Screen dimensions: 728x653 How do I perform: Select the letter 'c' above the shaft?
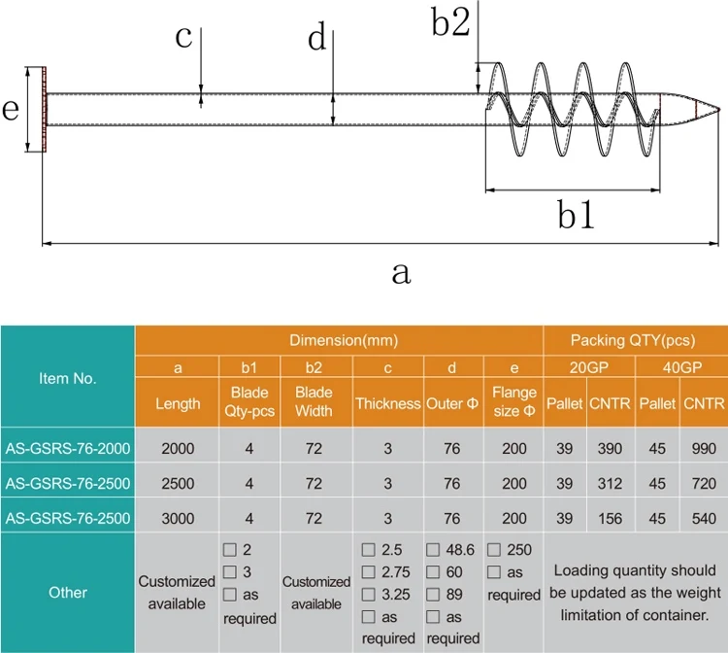point(184,38)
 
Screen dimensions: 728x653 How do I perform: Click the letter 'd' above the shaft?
point(316,38)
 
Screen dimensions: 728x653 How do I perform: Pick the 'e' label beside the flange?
point(12,110)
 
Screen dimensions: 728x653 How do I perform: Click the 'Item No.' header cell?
point(67,378)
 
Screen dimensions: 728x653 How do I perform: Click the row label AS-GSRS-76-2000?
point(67,447)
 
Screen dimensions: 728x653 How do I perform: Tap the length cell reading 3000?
point(178,518)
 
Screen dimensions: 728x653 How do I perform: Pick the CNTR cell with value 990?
point(705,447)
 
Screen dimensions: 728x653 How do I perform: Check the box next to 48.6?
point(434,550)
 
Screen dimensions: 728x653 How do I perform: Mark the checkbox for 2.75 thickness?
point(368,572)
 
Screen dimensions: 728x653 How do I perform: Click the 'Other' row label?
point(67,592)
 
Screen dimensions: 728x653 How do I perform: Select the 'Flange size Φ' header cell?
point(513,402)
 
